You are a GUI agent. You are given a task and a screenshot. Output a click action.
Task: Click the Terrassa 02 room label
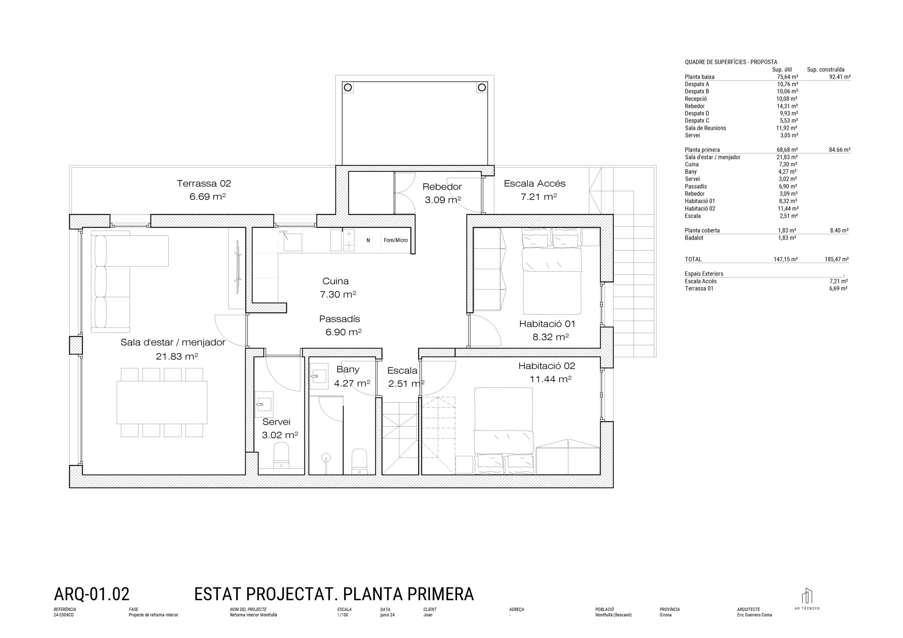click(204, 184)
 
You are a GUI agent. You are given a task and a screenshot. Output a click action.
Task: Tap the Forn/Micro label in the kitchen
click(396, 240)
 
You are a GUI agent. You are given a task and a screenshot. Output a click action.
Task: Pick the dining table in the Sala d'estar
click(162, 402)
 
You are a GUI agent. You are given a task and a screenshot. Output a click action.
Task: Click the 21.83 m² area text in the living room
click(177, 357)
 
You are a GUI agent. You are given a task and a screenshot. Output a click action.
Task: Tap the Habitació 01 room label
click(547, 324)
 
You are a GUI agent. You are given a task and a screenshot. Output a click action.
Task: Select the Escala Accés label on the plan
click(534, 184)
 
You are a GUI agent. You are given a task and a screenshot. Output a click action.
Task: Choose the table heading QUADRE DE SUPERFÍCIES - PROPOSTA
click(731, 62)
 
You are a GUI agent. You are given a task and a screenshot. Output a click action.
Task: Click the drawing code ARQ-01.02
click(92, 594)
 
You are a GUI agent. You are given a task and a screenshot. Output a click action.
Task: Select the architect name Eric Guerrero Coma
click(754, 615)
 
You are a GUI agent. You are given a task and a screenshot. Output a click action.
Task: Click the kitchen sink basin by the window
click(293, 242)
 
